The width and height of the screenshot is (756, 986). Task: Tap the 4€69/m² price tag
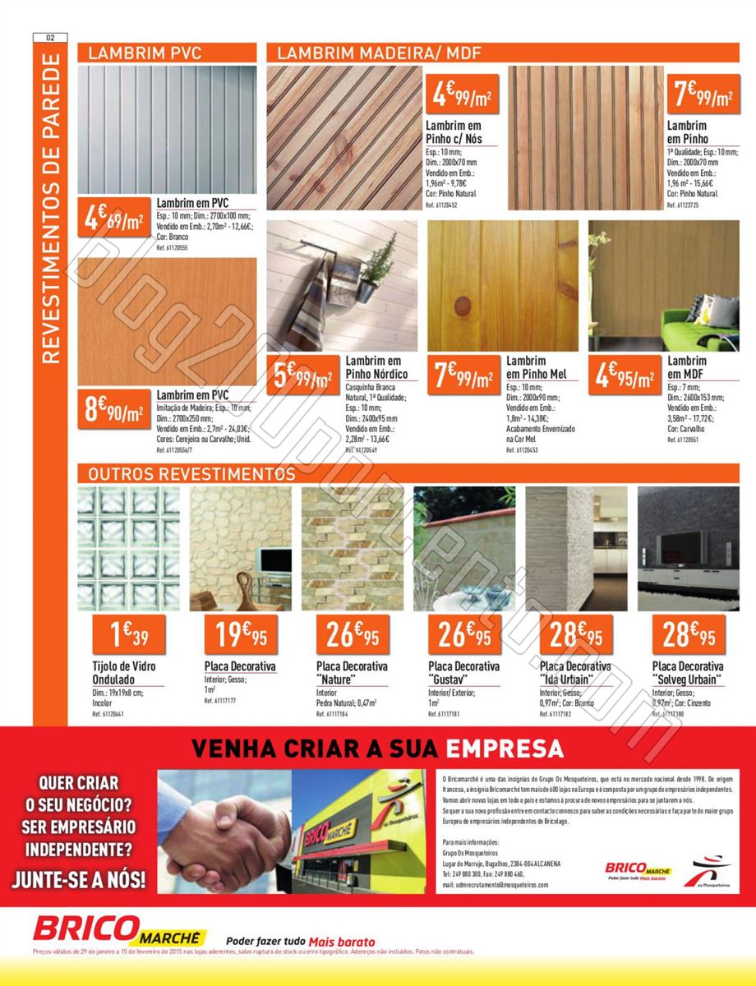pos(115,219)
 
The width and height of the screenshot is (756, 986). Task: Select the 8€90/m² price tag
pos(115,408)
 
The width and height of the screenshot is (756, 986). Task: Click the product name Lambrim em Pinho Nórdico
pos(376,367)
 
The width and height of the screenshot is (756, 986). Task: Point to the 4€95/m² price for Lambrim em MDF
pos(625,376)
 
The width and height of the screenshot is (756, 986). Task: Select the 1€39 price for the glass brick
pos(128,634)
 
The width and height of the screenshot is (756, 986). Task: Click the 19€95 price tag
pos(240,634)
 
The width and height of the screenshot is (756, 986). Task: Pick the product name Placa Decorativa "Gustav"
pos(463,672)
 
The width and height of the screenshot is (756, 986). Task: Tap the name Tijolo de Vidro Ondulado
pos(123,672)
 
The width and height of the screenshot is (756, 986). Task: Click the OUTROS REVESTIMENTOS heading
pos(191,474)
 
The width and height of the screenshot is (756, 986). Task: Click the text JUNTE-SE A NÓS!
pos(79,878)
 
